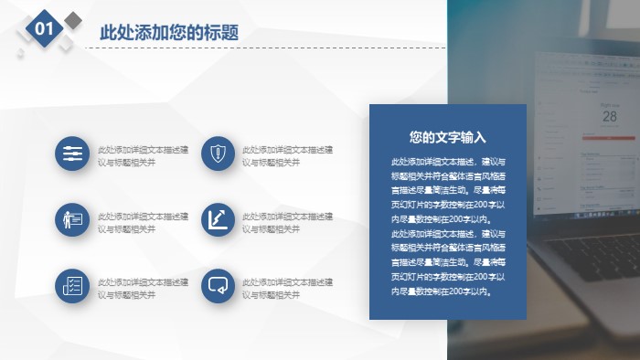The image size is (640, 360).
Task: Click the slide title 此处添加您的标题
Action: (169, 33)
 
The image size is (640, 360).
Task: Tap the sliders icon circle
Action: (70, 154)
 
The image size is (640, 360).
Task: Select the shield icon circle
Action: (217, 154)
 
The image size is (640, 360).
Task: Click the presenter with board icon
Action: (70, 219)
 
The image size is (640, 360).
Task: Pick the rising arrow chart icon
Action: (217, 219)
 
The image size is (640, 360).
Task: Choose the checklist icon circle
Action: (70, 285)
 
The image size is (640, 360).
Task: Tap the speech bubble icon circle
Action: (217, 285)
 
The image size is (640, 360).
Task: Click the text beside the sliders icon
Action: (144, 155)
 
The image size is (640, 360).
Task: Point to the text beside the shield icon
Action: (288, 155)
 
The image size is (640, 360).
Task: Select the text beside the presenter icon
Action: (144, 222)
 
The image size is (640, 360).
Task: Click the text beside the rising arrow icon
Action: (288, 222)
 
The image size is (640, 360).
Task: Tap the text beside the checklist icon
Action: (144, 289)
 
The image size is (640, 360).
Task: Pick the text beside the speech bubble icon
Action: (288, 289)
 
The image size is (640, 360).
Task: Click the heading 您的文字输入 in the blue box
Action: (448, 138)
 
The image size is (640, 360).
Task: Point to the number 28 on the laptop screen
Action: (609, 116)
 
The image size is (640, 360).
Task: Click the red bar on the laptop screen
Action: (609, 138)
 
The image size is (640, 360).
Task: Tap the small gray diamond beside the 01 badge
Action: (73, 20)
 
